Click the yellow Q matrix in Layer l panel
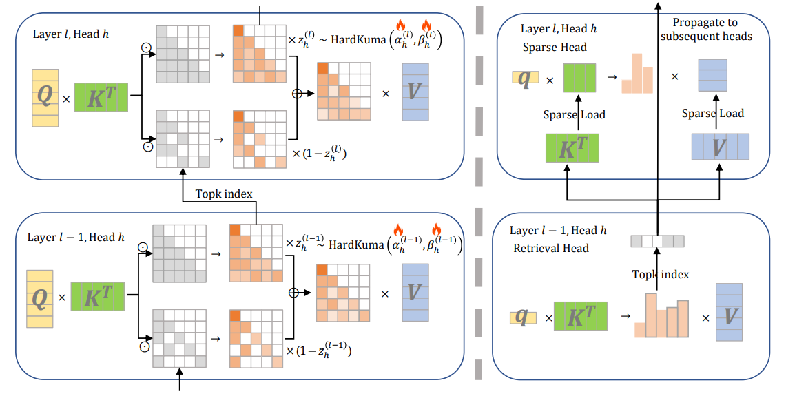point(44,97)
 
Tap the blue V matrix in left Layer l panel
point(415,92)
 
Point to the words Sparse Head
point(555,48)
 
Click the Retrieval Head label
point(551,248)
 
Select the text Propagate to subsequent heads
point(706,30)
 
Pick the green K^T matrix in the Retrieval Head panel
point(581,317)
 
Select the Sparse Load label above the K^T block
point(575,114)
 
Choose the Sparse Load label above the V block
point(713,114)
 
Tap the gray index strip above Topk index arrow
point(657,241)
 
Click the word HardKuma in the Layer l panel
point(359,41)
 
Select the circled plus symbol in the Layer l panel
point(298,94)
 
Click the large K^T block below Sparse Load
point(572,147)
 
